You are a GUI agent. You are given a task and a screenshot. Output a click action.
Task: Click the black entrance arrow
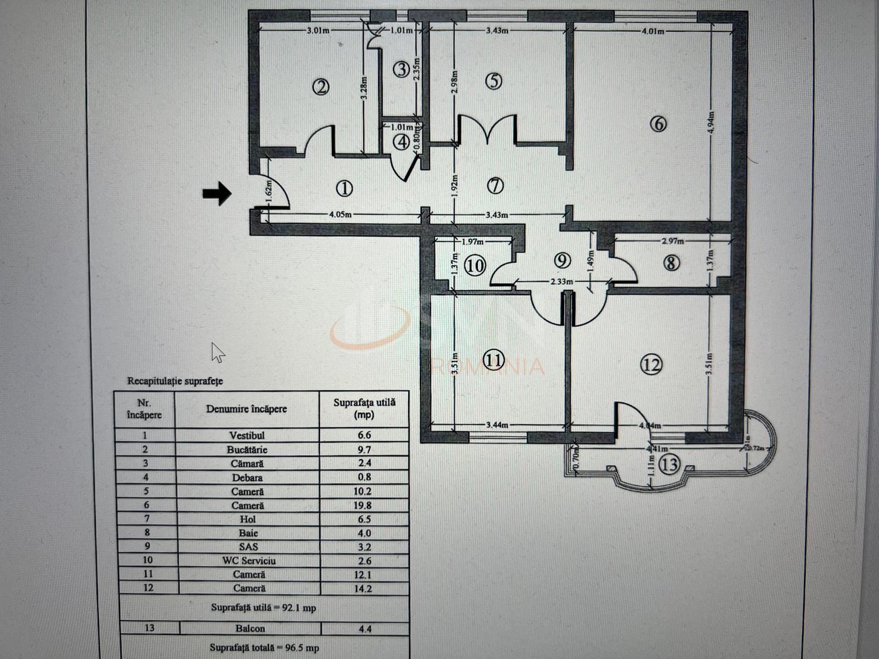(217, 193)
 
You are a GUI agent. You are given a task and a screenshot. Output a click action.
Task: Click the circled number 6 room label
(658, 124)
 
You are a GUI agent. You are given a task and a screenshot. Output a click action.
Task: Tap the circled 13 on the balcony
(670, 465)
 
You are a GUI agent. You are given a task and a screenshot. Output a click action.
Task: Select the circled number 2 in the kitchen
(321, 87)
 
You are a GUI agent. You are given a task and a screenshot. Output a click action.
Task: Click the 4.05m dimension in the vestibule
(340, 215)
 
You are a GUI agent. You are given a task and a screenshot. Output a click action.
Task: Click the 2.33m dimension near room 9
(562, 282)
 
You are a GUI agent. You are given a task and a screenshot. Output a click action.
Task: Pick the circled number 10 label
(475, 266)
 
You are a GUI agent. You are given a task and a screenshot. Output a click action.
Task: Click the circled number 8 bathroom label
(671, 263)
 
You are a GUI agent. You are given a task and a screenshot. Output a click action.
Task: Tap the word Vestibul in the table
(247, 435)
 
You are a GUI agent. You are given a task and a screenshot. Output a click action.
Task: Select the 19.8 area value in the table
(364, 505)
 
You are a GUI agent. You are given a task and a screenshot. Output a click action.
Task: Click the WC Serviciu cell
(247, 561)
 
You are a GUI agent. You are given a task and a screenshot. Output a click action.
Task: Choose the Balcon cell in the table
(247, 628)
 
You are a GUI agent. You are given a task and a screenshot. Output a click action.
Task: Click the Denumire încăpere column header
(247, 409)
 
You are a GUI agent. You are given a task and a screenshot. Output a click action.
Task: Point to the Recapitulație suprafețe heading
(175, 381)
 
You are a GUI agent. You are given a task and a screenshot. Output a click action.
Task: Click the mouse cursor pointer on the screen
(218, 352)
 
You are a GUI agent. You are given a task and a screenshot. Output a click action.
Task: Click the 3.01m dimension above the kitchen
(318, 30)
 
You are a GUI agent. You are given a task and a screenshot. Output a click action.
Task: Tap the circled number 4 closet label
(403, 142)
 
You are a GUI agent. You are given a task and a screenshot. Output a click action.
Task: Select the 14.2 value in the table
(364, 588)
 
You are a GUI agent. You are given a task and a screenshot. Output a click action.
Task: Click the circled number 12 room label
(651, 364)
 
